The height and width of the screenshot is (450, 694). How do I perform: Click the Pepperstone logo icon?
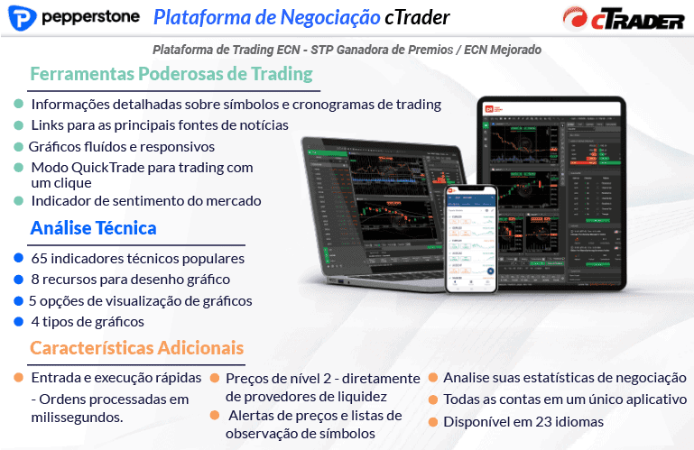(x=25, y=19)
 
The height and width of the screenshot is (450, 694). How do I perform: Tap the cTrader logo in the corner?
(x=622, y=19)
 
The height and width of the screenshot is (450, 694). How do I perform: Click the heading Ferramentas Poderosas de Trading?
(x=171, y=74)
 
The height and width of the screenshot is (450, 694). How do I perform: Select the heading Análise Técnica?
(x=94, y=228)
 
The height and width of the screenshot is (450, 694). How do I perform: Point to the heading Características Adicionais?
(x=136, y=347)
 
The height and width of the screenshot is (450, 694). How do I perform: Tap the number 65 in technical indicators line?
(x=39, y=259)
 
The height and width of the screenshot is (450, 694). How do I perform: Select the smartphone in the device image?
(x=474, y=241)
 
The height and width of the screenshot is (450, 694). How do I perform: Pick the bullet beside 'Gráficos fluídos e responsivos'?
(x=19, y=146)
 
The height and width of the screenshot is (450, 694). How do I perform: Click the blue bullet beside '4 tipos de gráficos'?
(x=19, y=321)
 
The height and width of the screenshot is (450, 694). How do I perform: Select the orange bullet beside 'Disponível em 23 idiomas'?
(x=434, y=421)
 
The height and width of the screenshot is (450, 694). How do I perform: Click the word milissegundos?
(x=77, y=417)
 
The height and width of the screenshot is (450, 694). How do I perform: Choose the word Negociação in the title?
(x=330, y=17)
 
